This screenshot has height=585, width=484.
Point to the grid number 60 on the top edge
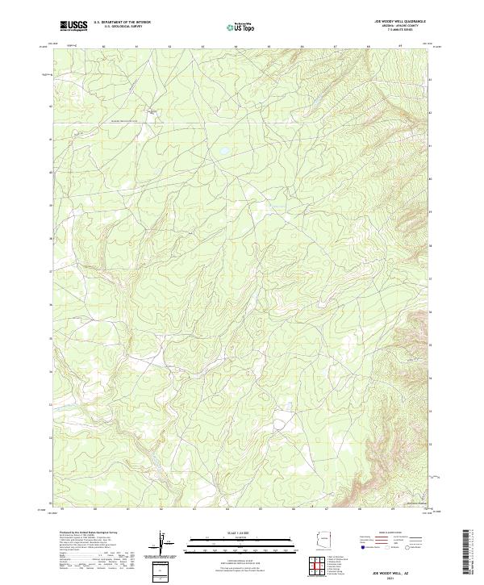tap(104, 47)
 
